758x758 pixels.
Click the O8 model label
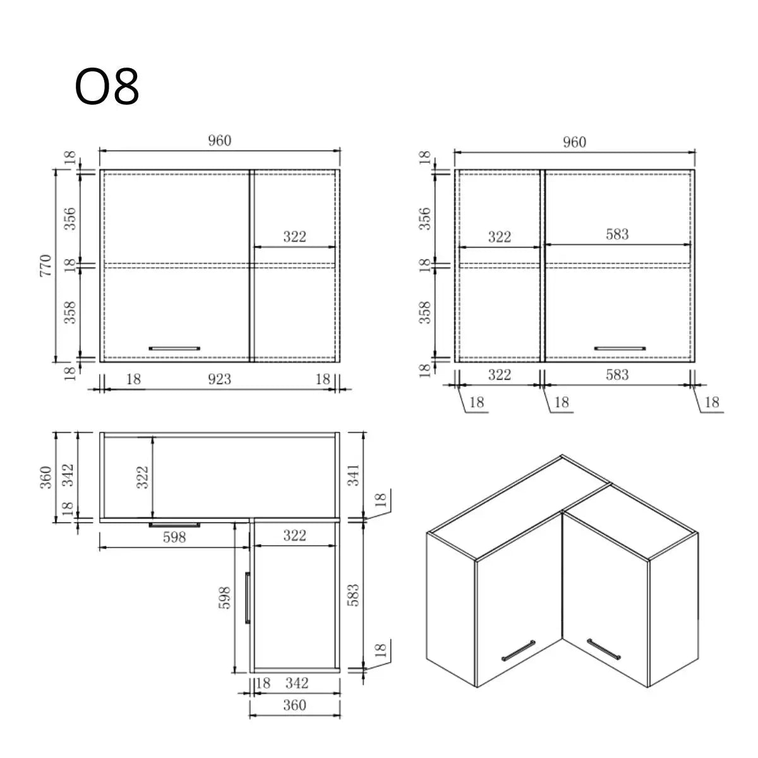(107, 87)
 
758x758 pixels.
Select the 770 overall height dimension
(45, 267)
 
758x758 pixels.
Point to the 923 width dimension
(219, 379)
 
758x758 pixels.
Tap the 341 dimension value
(353, 474)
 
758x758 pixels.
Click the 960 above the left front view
(220, 141)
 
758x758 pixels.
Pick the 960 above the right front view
(574, 142)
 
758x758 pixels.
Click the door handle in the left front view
(174, 347)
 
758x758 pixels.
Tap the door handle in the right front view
(620, 347)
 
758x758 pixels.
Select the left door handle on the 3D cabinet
(519, 651)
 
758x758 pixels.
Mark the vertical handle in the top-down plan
(248, 598)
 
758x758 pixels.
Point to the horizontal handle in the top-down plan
(174, 524)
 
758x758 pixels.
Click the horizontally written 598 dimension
(174, 537)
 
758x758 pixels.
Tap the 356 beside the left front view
(70, 218)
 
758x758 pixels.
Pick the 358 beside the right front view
(425, 312)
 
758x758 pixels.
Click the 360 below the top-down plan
(294, 704)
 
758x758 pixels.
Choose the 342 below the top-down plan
(297, 683)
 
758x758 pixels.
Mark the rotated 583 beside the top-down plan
(353, 596)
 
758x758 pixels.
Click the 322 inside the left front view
(294, 236)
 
